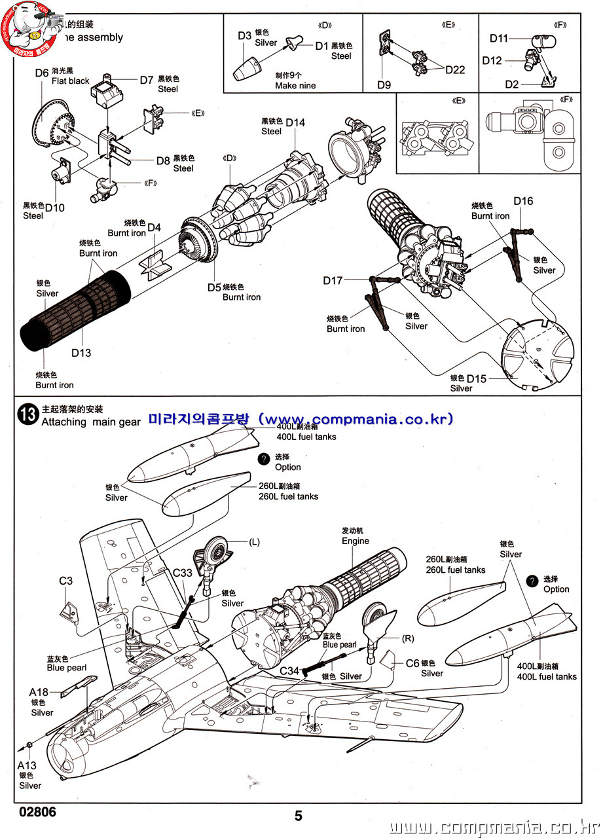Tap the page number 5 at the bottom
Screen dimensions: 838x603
[x=299, y=816]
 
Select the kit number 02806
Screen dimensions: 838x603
[x=37, y=812]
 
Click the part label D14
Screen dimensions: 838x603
[x=295, y=122]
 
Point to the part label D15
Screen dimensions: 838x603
[x=477, y=379]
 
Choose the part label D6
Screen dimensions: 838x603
[x=42, y=73]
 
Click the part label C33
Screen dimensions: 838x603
[x=183, y=572]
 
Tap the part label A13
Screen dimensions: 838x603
[x=27, y=765]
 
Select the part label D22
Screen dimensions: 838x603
[x=455, y=70]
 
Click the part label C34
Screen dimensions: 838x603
[x=289, y=671]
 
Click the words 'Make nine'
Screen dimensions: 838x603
[x=295, y=85]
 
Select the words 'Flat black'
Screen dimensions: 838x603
[x=71, y=81]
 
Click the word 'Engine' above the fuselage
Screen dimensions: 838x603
[x=355, y=541]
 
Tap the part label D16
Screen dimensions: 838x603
[x=523, y=201]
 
